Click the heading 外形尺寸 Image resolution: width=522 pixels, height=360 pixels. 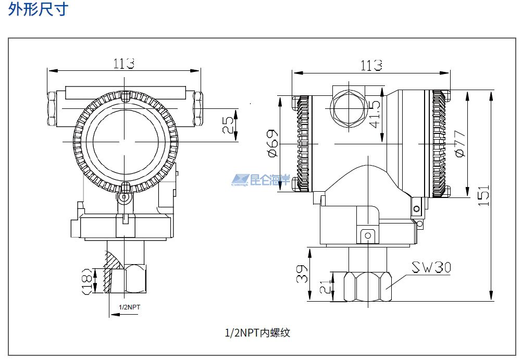point(38,9)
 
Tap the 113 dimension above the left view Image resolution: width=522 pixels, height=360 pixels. point(124,64)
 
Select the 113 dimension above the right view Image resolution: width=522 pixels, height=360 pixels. point(371,65)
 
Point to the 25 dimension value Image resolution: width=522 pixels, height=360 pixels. point(228,125)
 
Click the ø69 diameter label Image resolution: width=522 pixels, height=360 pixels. point(272,143)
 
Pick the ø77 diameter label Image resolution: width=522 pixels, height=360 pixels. point(459,143)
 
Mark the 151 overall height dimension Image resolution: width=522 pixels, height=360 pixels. point(484,195)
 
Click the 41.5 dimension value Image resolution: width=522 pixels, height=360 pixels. point(375,114)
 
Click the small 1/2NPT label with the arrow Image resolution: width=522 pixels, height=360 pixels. point(130,307)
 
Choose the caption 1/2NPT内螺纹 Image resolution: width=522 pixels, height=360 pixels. point(257,332)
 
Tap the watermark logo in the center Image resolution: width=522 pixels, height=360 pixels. point(260,180)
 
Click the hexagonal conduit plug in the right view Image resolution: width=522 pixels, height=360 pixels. point(349,107)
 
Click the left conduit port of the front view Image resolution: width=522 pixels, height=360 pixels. point(52,108)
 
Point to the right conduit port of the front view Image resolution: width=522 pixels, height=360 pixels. point(198,108)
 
